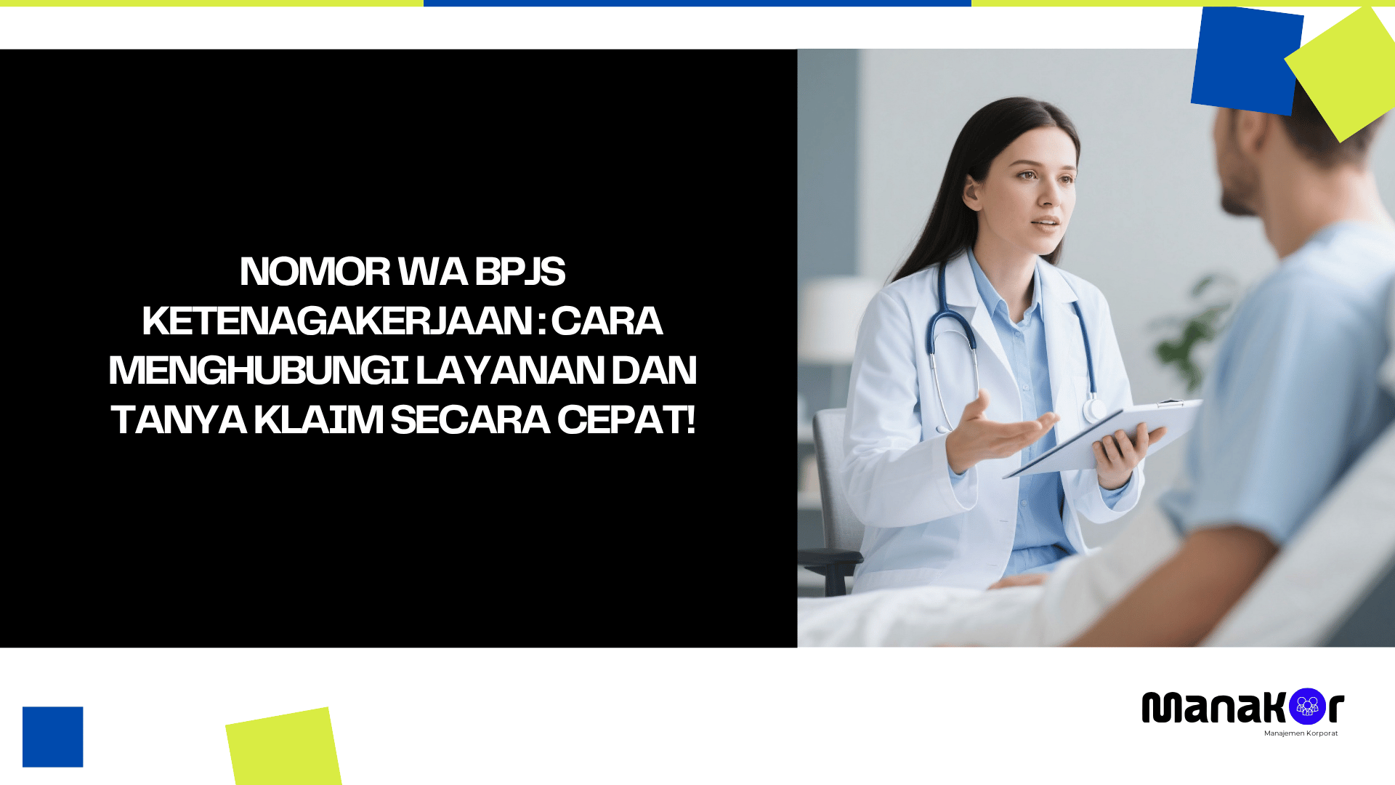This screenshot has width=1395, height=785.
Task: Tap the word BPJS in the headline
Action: pos(519,272)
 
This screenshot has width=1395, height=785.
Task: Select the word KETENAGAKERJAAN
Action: pos(337,321)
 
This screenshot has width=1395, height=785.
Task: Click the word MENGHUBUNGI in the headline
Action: pos(259,371)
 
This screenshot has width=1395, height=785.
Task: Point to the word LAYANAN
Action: pos(509,371)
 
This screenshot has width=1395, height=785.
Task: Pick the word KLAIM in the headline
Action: pos(318,420)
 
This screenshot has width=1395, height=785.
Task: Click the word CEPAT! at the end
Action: pos(626,420)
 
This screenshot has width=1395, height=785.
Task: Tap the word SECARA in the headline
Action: pos(469,420)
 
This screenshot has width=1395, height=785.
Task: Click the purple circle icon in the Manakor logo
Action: pos(1307,706)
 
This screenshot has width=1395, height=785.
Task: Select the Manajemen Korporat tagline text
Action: pos(1301,733)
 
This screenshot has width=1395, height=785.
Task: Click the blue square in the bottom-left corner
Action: pos(52,737)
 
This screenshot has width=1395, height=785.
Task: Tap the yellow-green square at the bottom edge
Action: pos(283,747)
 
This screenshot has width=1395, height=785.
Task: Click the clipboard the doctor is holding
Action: pos(1112,436)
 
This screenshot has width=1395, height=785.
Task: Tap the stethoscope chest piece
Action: pos(1093,411)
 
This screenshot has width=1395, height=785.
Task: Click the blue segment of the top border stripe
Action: pos(697,3)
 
